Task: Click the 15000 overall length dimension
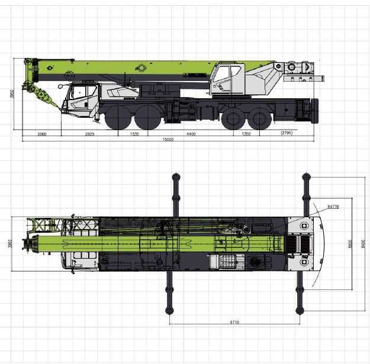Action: point(169,140)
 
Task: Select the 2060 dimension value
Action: point(42,134)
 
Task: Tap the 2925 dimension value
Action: point(89,134)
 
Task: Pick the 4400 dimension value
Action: point(191,134)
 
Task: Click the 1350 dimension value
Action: point(246,134)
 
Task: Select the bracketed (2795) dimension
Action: point(287,133)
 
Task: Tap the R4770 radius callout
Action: point(332,207)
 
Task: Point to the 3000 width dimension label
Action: point(9,244)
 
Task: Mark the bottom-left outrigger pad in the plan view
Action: point(169,310)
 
